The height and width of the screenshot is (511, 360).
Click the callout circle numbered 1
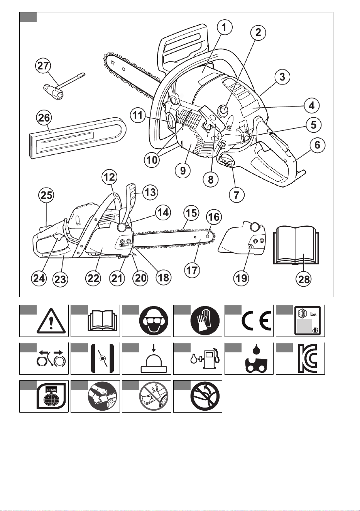coord(225,27)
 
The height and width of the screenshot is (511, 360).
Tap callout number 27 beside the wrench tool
coord(43,66)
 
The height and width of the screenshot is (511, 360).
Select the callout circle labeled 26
coord(44,118)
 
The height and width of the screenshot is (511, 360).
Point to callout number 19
coord(241,278)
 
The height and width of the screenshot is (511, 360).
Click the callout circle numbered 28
coord(304,279)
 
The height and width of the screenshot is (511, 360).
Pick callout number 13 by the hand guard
coord(150,192)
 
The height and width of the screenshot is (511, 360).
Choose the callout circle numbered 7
coord(237,195)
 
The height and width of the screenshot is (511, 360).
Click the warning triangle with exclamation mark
coord(51,321)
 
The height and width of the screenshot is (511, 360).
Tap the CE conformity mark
coord(257,320)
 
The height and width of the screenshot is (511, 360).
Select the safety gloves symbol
coord(205,320)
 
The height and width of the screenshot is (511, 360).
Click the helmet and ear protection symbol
coord(154,320)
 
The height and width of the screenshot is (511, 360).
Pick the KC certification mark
coord(308,359)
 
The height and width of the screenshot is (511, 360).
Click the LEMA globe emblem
coord(52,396)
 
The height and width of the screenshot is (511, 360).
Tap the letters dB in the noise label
coord(315,330)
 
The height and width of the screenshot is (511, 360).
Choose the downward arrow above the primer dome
coord(154,348)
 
